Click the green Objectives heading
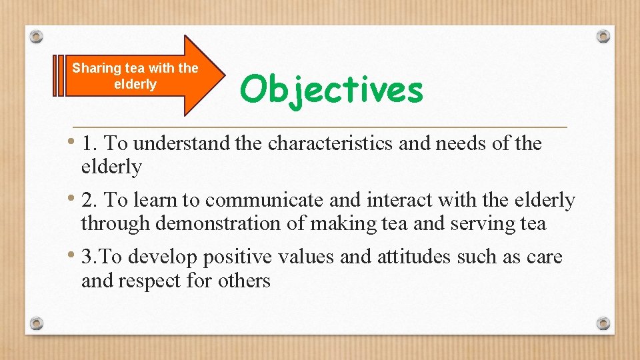coord(331,89)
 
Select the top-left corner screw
coord(37,36)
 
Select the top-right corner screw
coord(603,36)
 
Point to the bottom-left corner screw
coord(37,323)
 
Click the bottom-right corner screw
coord(603,323)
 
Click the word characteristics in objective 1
coord(330,143)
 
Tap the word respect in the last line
coord(150,281)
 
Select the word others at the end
coord(244,281)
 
